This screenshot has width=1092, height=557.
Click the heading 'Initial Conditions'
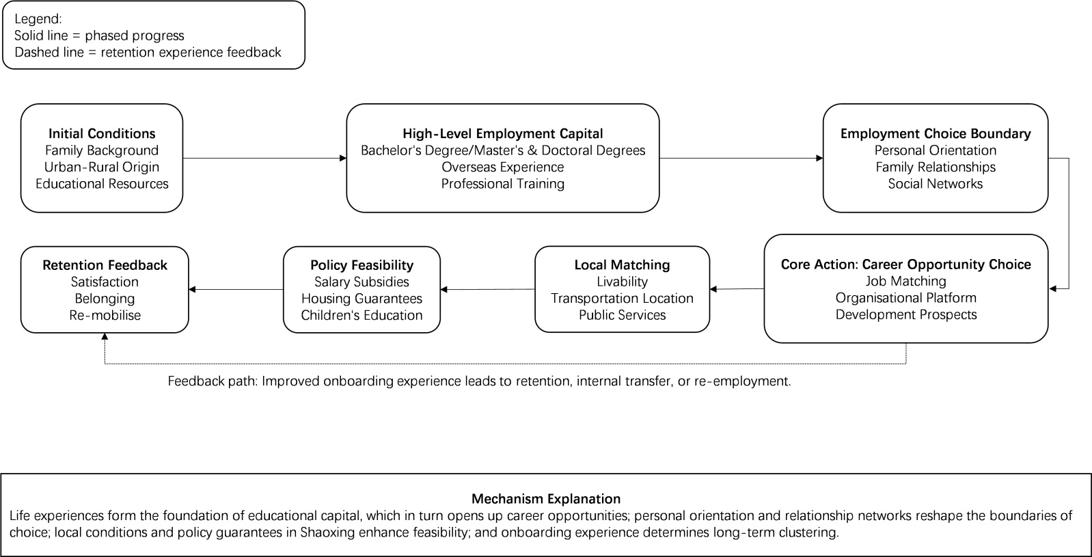(x=102, y=134)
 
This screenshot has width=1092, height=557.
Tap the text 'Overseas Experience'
(x=503, y=167)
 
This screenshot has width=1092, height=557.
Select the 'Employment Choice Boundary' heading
(x=936, y=134)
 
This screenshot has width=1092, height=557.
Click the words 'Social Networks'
(x=936, y=183)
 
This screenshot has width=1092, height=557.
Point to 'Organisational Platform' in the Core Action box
(x=905, y=297)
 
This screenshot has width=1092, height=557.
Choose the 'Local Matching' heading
(x=622, y=265)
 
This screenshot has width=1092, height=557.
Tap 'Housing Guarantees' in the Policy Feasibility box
(x=361, y=299)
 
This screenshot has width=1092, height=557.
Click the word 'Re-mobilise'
(x=105, y=315)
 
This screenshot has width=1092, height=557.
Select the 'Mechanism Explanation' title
(x=546, y=498)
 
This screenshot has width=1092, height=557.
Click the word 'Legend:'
(x=38, y=19)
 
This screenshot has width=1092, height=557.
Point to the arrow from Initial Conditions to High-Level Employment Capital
(x=264, y=158)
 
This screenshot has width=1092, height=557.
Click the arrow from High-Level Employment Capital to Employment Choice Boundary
(x=741, y=158)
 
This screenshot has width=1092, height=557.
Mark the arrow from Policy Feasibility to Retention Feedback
(x=236, y=289)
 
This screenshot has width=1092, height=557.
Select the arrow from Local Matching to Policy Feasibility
(x=487, y=289)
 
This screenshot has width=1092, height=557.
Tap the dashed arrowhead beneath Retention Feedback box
(x=105, y=336)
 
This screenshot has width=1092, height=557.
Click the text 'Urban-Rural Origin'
(x=102, y=167)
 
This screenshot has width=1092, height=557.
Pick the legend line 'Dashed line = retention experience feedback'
(x=148, y=52)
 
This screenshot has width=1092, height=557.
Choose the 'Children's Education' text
(x=361, y=315)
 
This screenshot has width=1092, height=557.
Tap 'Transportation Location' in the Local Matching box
(x=622, y=298)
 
